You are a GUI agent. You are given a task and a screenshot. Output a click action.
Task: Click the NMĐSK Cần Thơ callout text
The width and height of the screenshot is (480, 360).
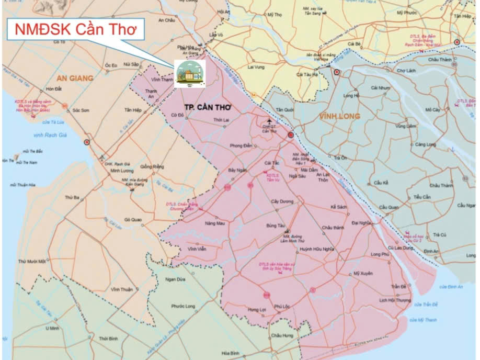pyautogui.click(x=79, y=29)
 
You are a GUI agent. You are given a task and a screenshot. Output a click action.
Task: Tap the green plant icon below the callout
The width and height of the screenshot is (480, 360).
pyautogui.click(x=190, y=73)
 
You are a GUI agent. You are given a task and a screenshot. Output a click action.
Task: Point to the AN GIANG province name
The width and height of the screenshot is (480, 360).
pyautogui.click(x=75, y=78)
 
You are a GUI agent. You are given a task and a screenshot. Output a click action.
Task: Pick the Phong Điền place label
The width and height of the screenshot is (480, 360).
pyautogui.click(x=241, y=145)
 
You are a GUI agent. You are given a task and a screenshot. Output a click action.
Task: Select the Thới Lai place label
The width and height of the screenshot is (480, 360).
pyautogui.click(x=222, y=120)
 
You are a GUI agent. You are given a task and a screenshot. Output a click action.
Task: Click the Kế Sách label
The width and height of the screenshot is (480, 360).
pyautogui.click(x=339, y=207)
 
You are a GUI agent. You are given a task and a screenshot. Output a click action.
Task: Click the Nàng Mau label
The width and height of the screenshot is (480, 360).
pyautogui.click(x=214, y=223)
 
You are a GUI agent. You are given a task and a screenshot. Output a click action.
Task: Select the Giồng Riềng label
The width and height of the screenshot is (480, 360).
pyautogui.click(x=151, y=167)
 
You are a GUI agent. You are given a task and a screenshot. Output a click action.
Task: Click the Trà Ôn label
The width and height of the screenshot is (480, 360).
pyautogui.click(x=340, y=157)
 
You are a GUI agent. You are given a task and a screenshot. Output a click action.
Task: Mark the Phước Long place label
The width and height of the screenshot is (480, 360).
pyautogui.click(x=183, y=306)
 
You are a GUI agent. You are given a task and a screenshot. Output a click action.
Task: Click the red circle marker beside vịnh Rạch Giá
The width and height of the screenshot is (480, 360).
pyautogui.click(x=87, y=142)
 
